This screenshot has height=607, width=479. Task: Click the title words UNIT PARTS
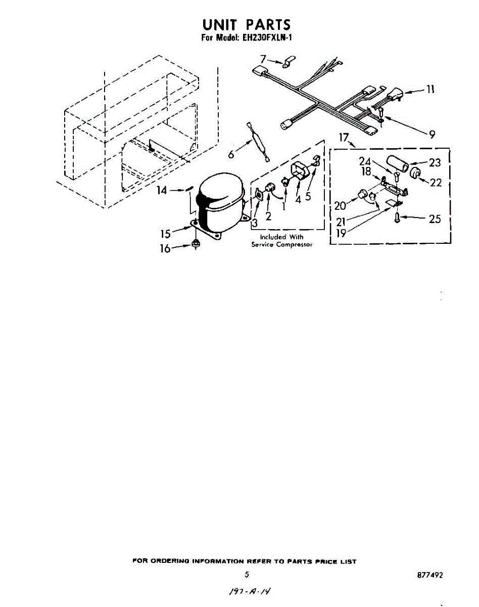pyautogui.click(x=247, y=24)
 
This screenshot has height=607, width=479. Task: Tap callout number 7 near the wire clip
pyautogui.click(x=263, y=59)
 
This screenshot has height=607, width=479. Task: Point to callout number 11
pyautogui.click(x=430, y=90)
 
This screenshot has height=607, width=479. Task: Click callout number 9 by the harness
pyautogui.click(x=432, y=135)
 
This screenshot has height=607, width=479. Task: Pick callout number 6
pyautogui.click(x=231, y=154)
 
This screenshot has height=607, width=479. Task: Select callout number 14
pyautogui.click(x=162, y=190)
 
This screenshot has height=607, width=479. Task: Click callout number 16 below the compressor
pyautogui.click(x=165, y=248)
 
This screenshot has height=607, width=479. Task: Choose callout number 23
pyautogui.click(x=434, y=163)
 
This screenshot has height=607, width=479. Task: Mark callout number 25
pyautogui.click(x=435, y=219)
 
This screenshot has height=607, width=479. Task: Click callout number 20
pyautogui.click(x=340, y=205)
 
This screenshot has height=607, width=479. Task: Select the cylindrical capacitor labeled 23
pyautogui.click(x=400, y=164)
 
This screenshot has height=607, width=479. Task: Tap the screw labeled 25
pyautogui.click(x=397, y=219)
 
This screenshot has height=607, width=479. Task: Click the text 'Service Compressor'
pyautogui.click(x=282, y=245)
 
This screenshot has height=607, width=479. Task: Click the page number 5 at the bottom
pyautogui.click(x=247, y=575)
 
